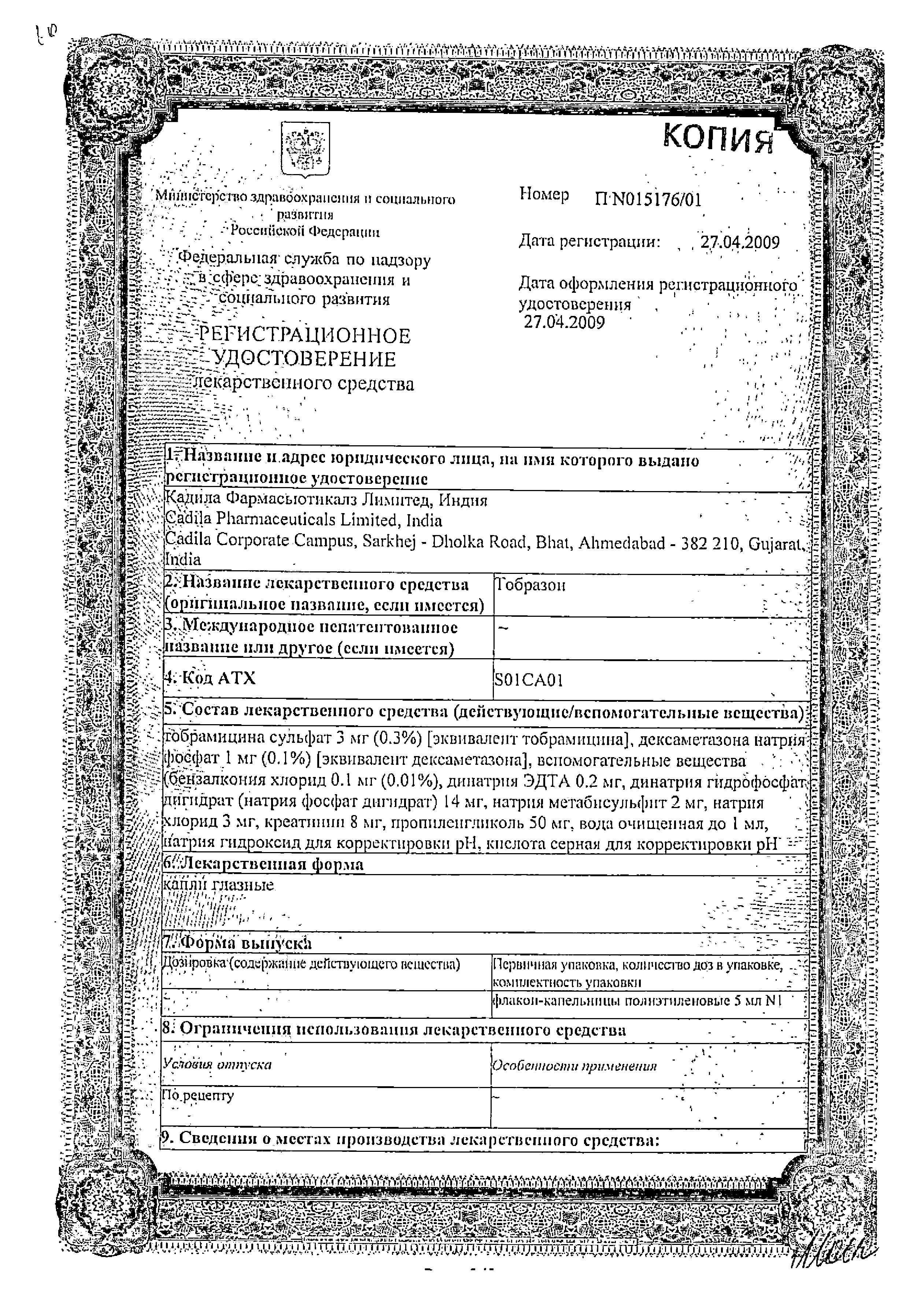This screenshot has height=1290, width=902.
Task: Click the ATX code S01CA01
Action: coord(529,681)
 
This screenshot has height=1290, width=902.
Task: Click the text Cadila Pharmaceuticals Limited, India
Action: coord(303,520)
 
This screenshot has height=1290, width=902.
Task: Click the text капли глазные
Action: coord(218,885)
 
